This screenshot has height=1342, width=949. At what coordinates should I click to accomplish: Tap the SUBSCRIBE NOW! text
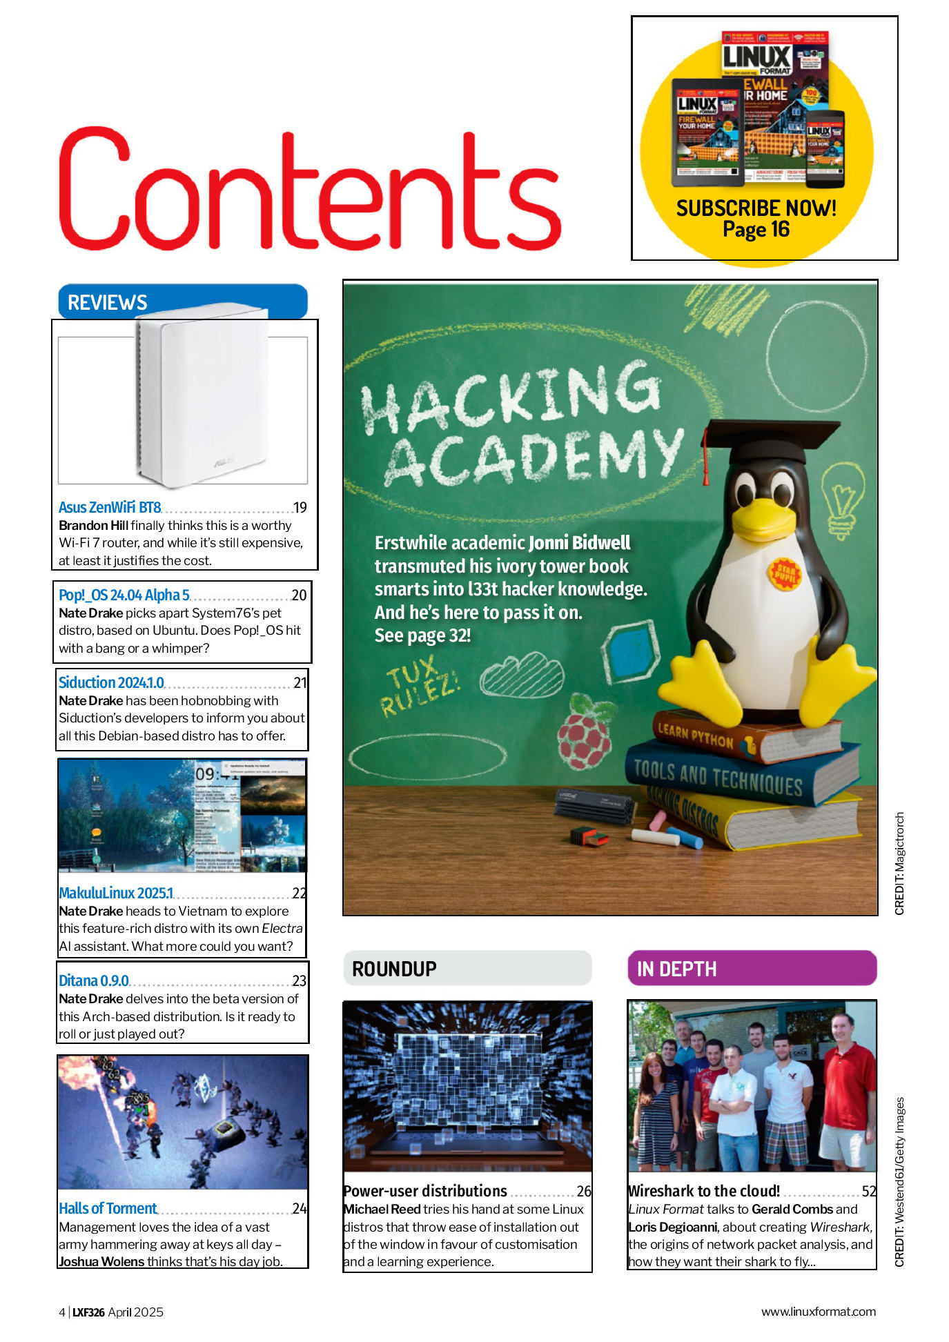click(x=756, y=208)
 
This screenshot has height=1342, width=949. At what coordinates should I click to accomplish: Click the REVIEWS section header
click(x=108, y=302)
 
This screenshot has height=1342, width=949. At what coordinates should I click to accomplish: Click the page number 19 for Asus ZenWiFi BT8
click(x=300, y=508)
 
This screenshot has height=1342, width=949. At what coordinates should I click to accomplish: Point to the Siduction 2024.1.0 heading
click(x=111, y=682)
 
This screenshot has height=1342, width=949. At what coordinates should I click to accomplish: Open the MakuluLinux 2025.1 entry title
click(x=116, y=893)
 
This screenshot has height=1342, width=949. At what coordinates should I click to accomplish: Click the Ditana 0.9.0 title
click(x=94, y=980)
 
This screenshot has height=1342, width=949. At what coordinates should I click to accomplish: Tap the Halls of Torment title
click(x=108, y=1208)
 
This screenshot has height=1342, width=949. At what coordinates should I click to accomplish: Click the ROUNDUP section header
click(x=394, y=969)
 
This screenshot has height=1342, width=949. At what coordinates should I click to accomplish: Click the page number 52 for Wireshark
click(x=869, y=1191)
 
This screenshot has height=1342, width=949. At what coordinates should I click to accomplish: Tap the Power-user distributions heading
click(x=425, y=1191)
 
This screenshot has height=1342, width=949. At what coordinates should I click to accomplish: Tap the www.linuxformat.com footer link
click(x=818, y=1312)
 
